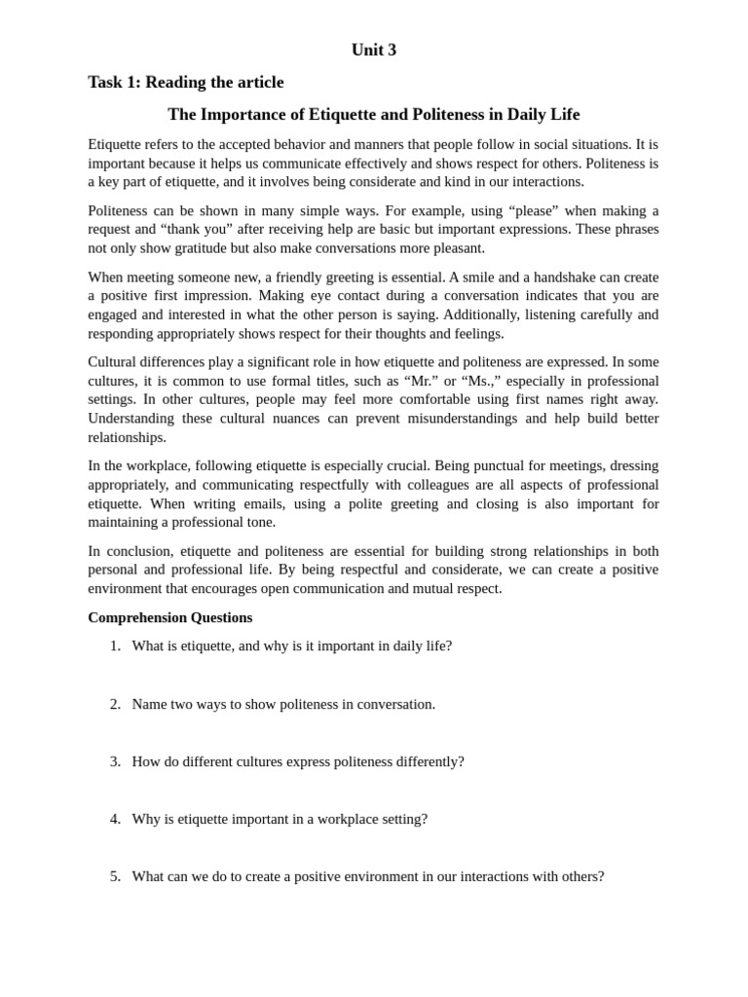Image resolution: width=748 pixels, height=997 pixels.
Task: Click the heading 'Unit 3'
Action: [374, 50]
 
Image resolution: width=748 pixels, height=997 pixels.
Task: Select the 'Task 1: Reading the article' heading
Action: [186, 82]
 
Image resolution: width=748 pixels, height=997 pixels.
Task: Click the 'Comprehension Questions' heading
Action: [169, 617]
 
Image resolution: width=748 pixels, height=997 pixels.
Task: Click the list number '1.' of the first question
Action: [115, 646]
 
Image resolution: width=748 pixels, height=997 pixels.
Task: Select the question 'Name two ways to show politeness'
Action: [283, 704]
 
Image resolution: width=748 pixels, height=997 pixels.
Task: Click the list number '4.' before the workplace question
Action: [115, 819]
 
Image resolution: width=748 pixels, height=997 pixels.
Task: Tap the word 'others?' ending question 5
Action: [580, 876]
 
